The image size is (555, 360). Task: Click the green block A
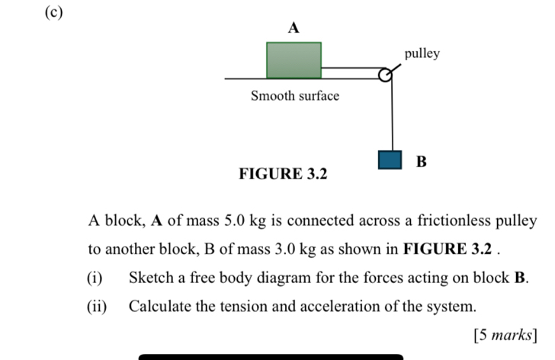pyautogui.click(x=294, y=59)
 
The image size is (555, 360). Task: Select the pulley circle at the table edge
pyautogui.click(x=386, y=75)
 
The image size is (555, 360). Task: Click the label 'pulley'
pyautogui.click(x=422, y=53)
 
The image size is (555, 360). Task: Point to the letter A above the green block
pyautogui.click(x=294, y=27)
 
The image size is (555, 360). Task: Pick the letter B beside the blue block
pyautogui.click(x=422, y=162)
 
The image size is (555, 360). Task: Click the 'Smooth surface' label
pyautogui.click(x=295, y=96)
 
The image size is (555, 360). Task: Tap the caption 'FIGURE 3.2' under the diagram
pyautogui.click(x=283, y=174)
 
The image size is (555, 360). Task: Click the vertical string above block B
pyautogui.click(x=391, y=114)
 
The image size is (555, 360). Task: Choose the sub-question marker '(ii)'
pyautogui.click(x=98, y=307)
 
